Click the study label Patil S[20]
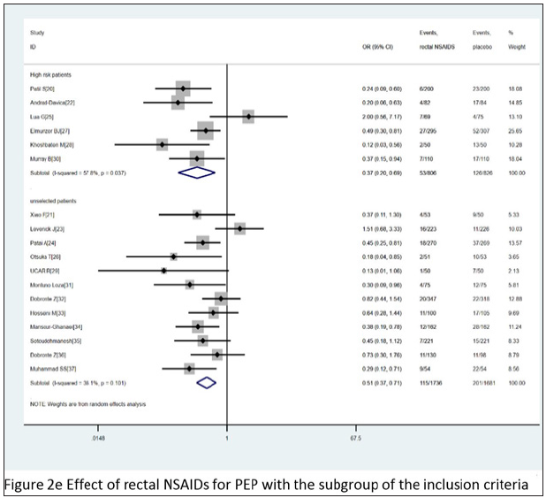44,89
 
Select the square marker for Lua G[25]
248,116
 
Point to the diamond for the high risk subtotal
197,172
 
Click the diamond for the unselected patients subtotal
207,382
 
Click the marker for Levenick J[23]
240,229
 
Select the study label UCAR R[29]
44,268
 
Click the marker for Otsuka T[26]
174,255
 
